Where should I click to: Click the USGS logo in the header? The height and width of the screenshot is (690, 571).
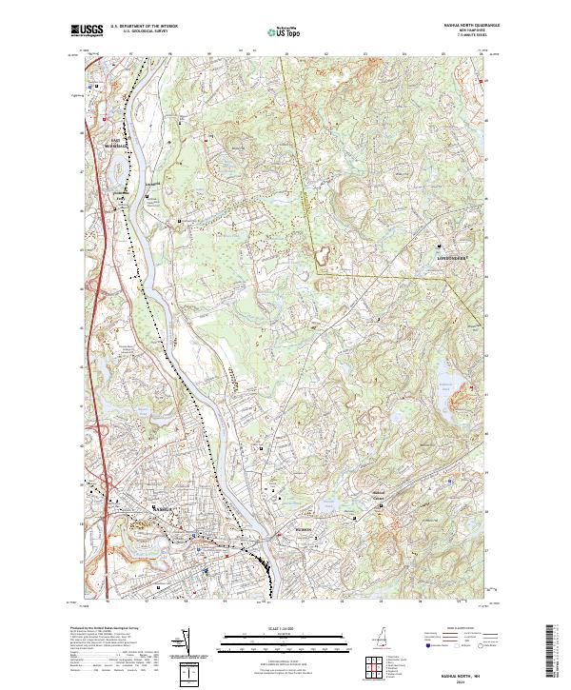[87, 31]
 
